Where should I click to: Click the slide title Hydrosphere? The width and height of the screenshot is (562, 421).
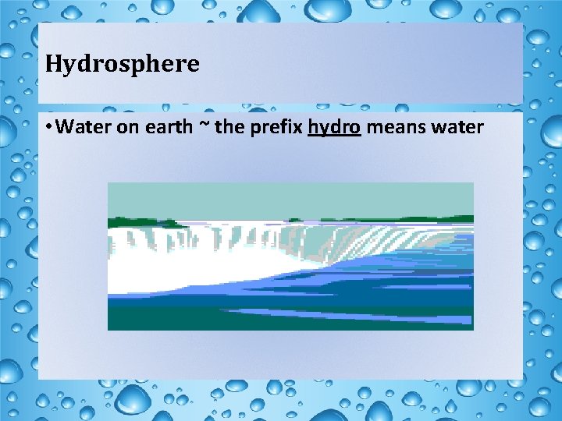click(x=123, y=64)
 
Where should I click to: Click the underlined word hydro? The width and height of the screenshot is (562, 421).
click(x=334, y=127)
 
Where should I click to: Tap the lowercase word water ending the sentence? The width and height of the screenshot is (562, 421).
click(x=457, y=127)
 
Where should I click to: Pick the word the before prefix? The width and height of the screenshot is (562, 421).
click(x=229, y=127)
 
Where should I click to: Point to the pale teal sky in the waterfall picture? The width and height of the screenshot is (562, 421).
click(x=289, y=199)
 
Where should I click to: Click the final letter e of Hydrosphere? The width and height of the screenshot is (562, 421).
click(x=194, y=64)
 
